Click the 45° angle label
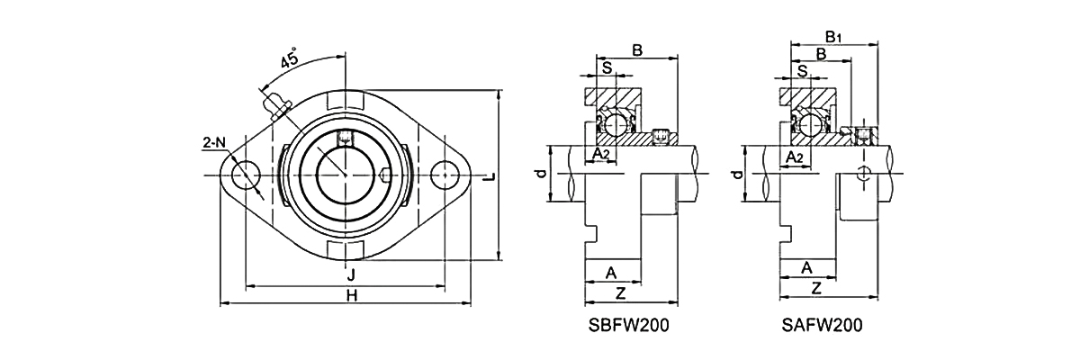click(x=290, y=60)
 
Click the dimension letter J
click(x=349, y=275)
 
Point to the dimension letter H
click(x=351, y=294)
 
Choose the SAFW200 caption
click(x=821, y=325)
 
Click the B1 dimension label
click(x=833, y=37)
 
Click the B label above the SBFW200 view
click(x=637, y=50)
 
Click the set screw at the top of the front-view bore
click(x=345, y=138)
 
